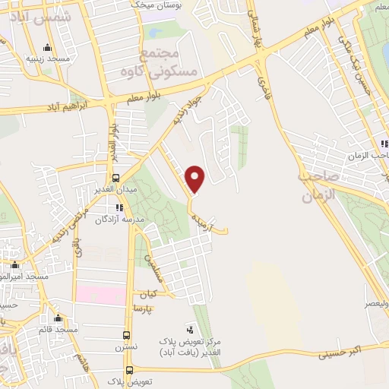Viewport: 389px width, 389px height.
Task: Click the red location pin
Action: (195, 179)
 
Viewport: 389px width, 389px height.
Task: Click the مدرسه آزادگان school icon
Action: (119, 207)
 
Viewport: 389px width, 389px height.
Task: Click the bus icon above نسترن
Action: (128, 334)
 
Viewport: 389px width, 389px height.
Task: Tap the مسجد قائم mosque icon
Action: (58, 318)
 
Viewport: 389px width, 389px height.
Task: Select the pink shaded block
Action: (100, 295)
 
